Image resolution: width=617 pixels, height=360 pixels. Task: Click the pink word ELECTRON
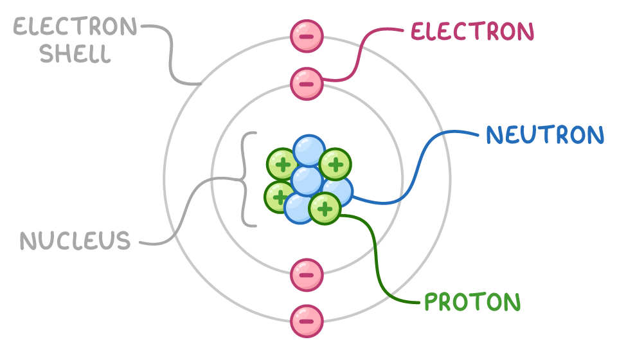(x=472, y=32)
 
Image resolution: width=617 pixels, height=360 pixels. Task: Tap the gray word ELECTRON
(x=75, y=27)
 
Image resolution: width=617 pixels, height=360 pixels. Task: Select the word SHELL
(x=75, y=54)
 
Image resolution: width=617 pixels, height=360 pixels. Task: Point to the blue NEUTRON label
(x=545, y=136)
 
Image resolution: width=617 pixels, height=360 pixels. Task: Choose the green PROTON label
(x=472, y=302)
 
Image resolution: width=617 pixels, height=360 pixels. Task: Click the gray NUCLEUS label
(x=75, y=241)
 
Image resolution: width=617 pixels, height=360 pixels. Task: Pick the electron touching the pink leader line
(x=307, y=84)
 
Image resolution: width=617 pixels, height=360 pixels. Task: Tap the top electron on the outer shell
(x=307, y=36)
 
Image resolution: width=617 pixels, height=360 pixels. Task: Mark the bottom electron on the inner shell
(x=307, y=275)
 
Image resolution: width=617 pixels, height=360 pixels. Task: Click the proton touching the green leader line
(x=325, y=208)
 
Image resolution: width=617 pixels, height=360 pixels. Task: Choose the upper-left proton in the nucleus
(x=282, y=165)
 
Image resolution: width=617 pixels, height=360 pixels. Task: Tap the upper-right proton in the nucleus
(x=335, y=165)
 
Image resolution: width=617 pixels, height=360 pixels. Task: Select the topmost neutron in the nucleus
(x=309, y=150)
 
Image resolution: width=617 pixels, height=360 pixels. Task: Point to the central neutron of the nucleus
(x=307, y=180)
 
